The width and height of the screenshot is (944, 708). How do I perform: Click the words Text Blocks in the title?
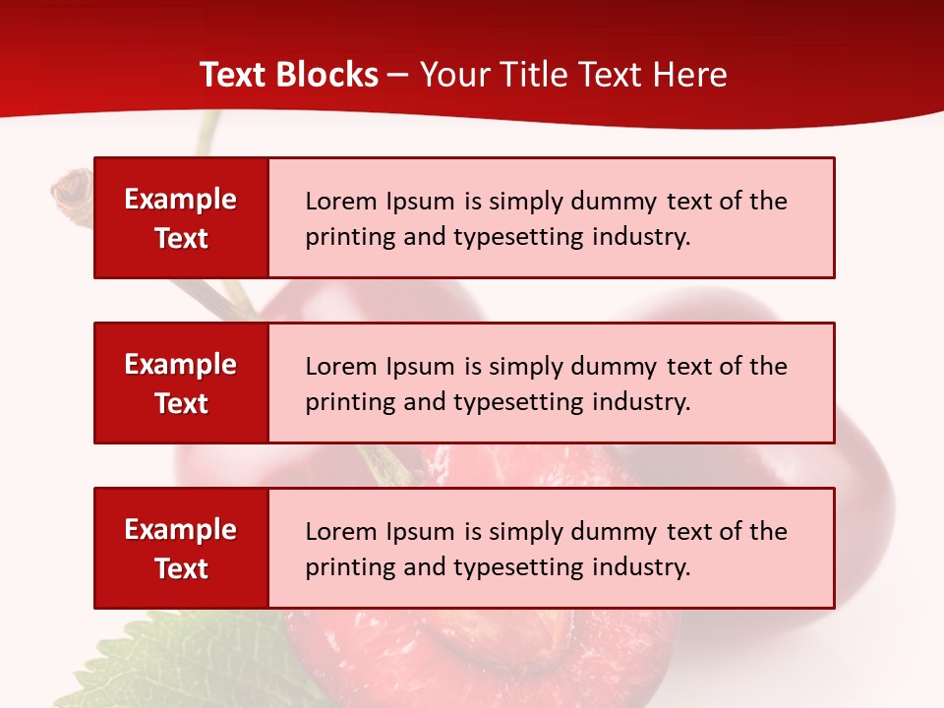click(x=289, y=75)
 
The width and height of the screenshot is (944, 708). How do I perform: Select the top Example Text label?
click(x=181, y=218)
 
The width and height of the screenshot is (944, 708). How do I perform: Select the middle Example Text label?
click(x=181, y=383)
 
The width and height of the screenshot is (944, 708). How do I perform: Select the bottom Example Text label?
click(x=181, y=549)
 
